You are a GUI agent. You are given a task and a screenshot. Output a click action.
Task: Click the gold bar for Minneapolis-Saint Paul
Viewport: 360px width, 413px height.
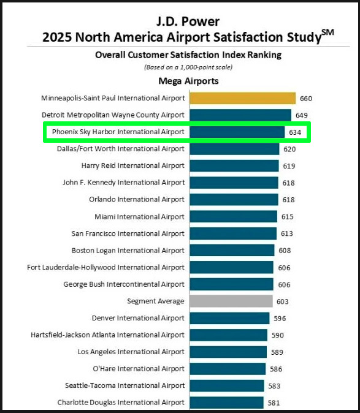click(243, 98)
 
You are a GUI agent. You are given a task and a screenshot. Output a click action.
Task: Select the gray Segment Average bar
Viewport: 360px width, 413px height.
click(231, 301)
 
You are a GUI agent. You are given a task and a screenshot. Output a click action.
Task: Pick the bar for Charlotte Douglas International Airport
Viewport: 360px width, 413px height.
click(226, 403)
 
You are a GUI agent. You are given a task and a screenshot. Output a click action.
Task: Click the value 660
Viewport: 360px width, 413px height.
click(306, 98)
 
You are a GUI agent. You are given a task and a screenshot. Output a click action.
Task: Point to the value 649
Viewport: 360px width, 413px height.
click(301, 115)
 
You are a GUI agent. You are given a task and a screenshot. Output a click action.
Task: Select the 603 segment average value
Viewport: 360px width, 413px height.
click(282, 301)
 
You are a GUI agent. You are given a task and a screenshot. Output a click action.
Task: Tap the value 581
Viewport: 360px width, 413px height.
click(273, 403)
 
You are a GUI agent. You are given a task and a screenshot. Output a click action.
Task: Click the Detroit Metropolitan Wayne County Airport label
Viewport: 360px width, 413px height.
click(113, 115)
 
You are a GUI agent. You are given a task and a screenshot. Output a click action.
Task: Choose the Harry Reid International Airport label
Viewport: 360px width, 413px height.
click(132, 165)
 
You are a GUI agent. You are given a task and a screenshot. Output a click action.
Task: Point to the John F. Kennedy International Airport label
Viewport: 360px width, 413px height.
click(123, 183)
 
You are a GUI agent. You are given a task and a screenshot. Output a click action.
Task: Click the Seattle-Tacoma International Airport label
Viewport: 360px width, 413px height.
click(124, 385)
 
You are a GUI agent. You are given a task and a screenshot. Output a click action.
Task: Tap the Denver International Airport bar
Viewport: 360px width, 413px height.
click(229, 318)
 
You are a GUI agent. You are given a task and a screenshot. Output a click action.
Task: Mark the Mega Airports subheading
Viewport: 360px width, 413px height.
click(188, 81)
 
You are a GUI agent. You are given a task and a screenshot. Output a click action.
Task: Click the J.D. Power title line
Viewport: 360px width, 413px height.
click(188, 22)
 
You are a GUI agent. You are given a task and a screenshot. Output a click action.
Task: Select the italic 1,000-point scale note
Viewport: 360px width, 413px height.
click(188, 67)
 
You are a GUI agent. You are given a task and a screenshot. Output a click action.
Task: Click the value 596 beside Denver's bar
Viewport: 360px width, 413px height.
click(280, 319)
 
